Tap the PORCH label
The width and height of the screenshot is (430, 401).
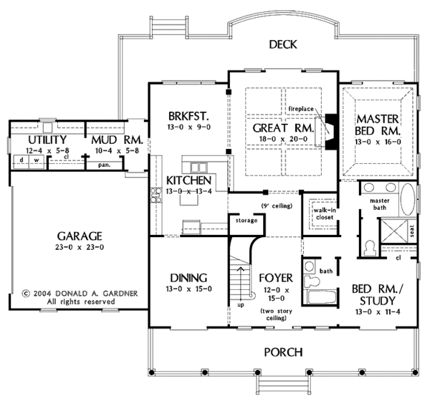(282, 352)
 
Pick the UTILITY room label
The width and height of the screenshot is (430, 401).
(28, 139)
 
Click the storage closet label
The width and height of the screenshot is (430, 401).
(246, 221)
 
